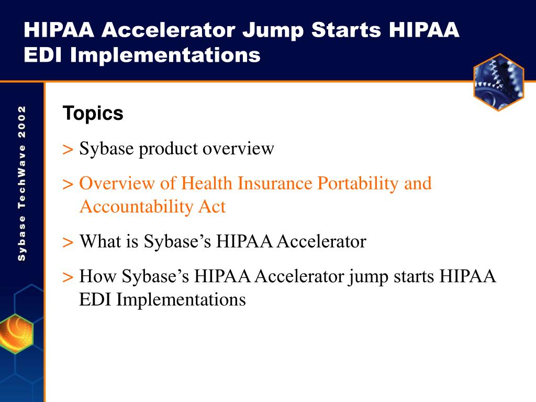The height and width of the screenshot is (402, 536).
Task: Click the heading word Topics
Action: (x=93, y=114)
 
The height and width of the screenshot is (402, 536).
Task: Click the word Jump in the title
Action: (x=273, y=30)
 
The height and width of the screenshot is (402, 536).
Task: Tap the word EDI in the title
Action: (x=43, y=54)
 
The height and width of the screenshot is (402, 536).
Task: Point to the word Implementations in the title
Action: (x=165, y=55)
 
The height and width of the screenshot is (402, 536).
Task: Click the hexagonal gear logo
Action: (x=499, y=82)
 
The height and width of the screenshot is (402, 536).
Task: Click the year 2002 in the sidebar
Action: (x=22, y=121)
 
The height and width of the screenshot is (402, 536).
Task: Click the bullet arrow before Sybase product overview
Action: (x=68, y=150)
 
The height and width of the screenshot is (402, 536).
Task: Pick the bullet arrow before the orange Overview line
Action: (x=68, y=185)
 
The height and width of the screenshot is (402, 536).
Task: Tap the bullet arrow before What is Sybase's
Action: (x=68, y=243)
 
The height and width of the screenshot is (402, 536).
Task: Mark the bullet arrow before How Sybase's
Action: (x=68, y=277)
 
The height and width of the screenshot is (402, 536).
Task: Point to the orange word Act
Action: (x=212, y=207)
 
